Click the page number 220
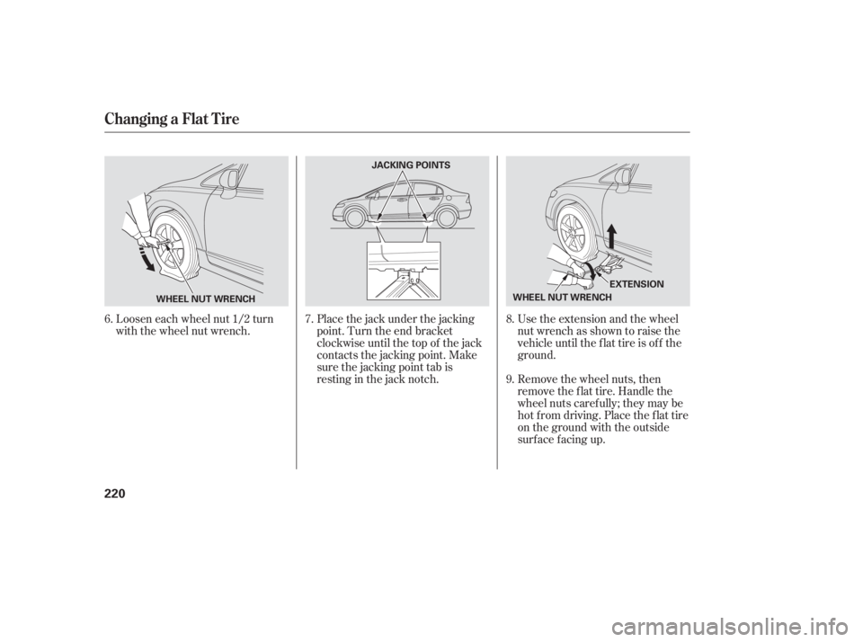[114, 493]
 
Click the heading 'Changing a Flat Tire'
[173, 119]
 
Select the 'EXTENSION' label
[637, 284]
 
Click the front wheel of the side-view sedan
[354, 218]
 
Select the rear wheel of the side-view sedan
[446, 218]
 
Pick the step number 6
[109, 319]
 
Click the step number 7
[309, 319]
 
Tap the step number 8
[511, 319]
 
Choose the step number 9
[511, 379]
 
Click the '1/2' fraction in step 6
[238, 319]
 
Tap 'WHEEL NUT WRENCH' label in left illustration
[206, 299]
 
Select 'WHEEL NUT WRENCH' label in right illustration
[562, 298]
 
